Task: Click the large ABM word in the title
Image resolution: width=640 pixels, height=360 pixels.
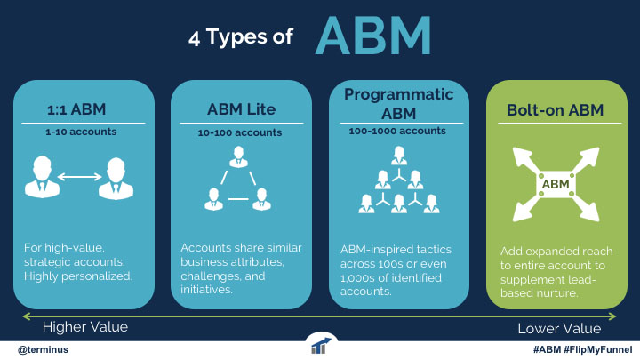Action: [x=373, y=36]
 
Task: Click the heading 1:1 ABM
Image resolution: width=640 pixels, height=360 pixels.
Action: [x=76, y=109]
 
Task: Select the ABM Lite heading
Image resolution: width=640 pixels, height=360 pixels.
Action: [x=241, y=109]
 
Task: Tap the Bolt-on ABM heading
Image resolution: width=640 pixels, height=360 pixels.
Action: [x=555, y=110]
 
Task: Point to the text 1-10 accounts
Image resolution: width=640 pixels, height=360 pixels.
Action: [x=81, y=132]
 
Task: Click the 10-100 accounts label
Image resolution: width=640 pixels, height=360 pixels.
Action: [x=240, y=132]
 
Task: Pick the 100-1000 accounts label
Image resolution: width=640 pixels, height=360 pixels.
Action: [x=397, y=131]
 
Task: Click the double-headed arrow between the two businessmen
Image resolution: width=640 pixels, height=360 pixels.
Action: [x=79, y=177]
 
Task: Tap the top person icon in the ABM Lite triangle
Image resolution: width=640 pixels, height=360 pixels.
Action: [x=238, y=157]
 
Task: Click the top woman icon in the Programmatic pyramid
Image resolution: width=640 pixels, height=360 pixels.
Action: [x=399, y=156]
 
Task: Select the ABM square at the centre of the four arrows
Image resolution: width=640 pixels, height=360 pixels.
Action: [x=556, y=184]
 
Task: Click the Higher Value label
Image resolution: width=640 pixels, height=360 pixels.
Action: [x=85, y=327]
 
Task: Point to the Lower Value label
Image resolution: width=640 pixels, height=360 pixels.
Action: [x=559, y=329]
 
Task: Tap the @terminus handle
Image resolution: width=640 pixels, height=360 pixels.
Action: [x=43, y=350]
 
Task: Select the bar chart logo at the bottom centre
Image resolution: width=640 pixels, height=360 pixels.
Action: [x=321, y=346]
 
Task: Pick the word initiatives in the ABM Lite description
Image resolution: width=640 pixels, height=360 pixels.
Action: [x=206, y=290]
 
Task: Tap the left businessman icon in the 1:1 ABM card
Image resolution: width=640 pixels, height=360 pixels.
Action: [x=42, y=178]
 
